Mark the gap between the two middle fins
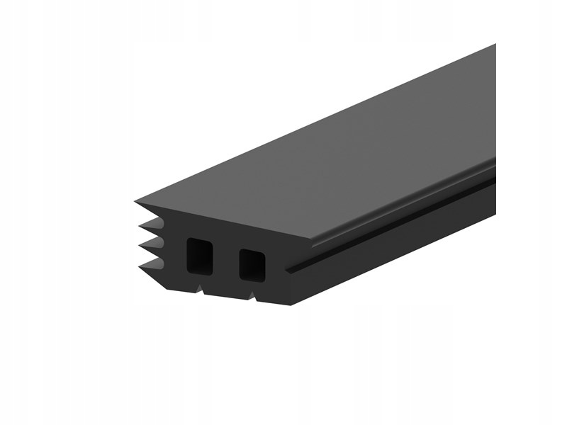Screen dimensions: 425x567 coord(159,239)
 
